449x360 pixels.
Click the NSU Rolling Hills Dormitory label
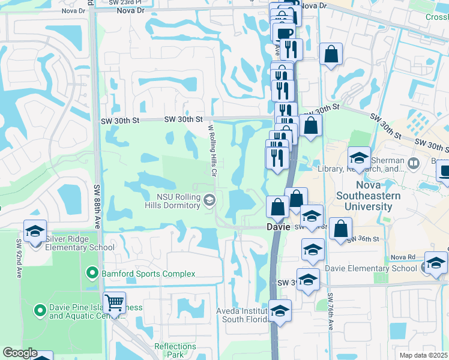coord(178,200)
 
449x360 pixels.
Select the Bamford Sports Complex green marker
coord(92,274)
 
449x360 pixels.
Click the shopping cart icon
coord(114,302)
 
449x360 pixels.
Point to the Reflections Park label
coord(176,350)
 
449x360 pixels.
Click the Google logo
coord(20,353)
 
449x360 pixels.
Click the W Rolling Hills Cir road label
coord(212,147)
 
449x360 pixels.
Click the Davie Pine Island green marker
coord(40,310)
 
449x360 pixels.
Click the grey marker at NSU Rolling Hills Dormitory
coord(209,200)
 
